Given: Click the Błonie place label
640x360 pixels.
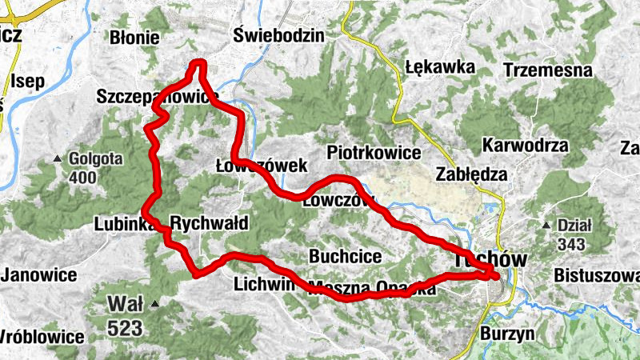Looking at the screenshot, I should coord(135,38).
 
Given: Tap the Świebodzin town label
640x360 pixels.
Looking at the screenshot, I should coord(279,35).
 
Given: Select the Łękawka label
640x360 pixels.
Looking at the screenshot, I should coord(440,66).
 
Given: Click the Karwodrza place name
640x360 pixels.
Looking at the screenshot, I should coord(526,146).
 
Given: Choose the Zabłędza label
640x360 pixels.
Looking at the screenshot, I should coord(470,174).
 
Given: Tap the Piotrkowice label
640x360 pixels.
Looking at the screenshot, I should coord(374,152).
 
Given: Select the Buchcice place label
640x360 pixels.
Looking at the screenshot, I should coord(345,257).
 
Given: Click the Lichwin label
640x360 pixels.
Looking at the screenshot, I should coord(260,284).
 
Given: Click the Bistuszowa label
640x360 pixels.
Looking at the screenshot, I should coord(596,276).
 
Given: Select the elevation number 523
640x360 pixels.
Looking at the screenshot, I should coord(126,327).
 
